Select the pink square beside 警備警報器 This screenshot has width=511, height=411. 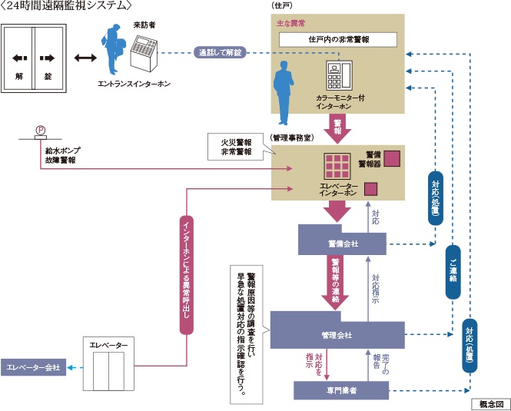click(x=392, y=157)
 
